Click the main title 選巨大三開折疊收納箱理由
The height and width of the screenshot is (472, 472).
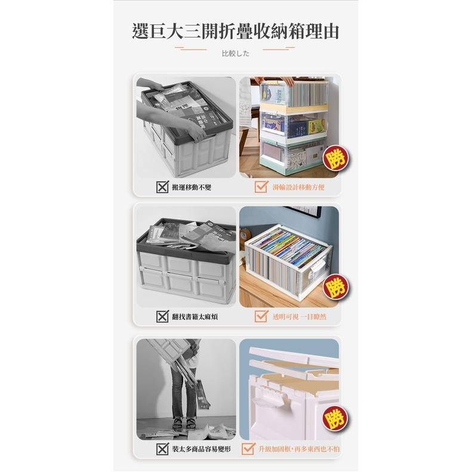tap(236, 31)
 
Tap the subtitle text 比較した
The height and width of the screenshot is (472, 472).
tap(235, 54)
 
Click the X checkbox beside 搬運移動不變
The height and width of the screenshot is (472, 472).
tap(162, 187)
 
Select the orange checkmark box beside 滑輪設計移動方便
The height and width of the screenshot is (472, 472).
tap(261, 187)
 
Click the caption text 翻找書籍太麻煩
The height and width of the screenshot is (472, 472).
tap(195, 316)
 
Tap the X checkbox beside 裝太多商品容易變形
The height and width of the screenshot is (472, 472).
tap(162, 449)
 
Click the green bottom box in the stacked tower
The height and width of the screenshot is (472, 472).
tap(292, 156)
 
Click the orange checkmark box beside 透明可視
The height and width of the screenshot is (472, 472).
tap(261, 316)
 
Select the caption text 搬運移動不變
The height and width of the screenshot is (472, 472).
tap(192, 187)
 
